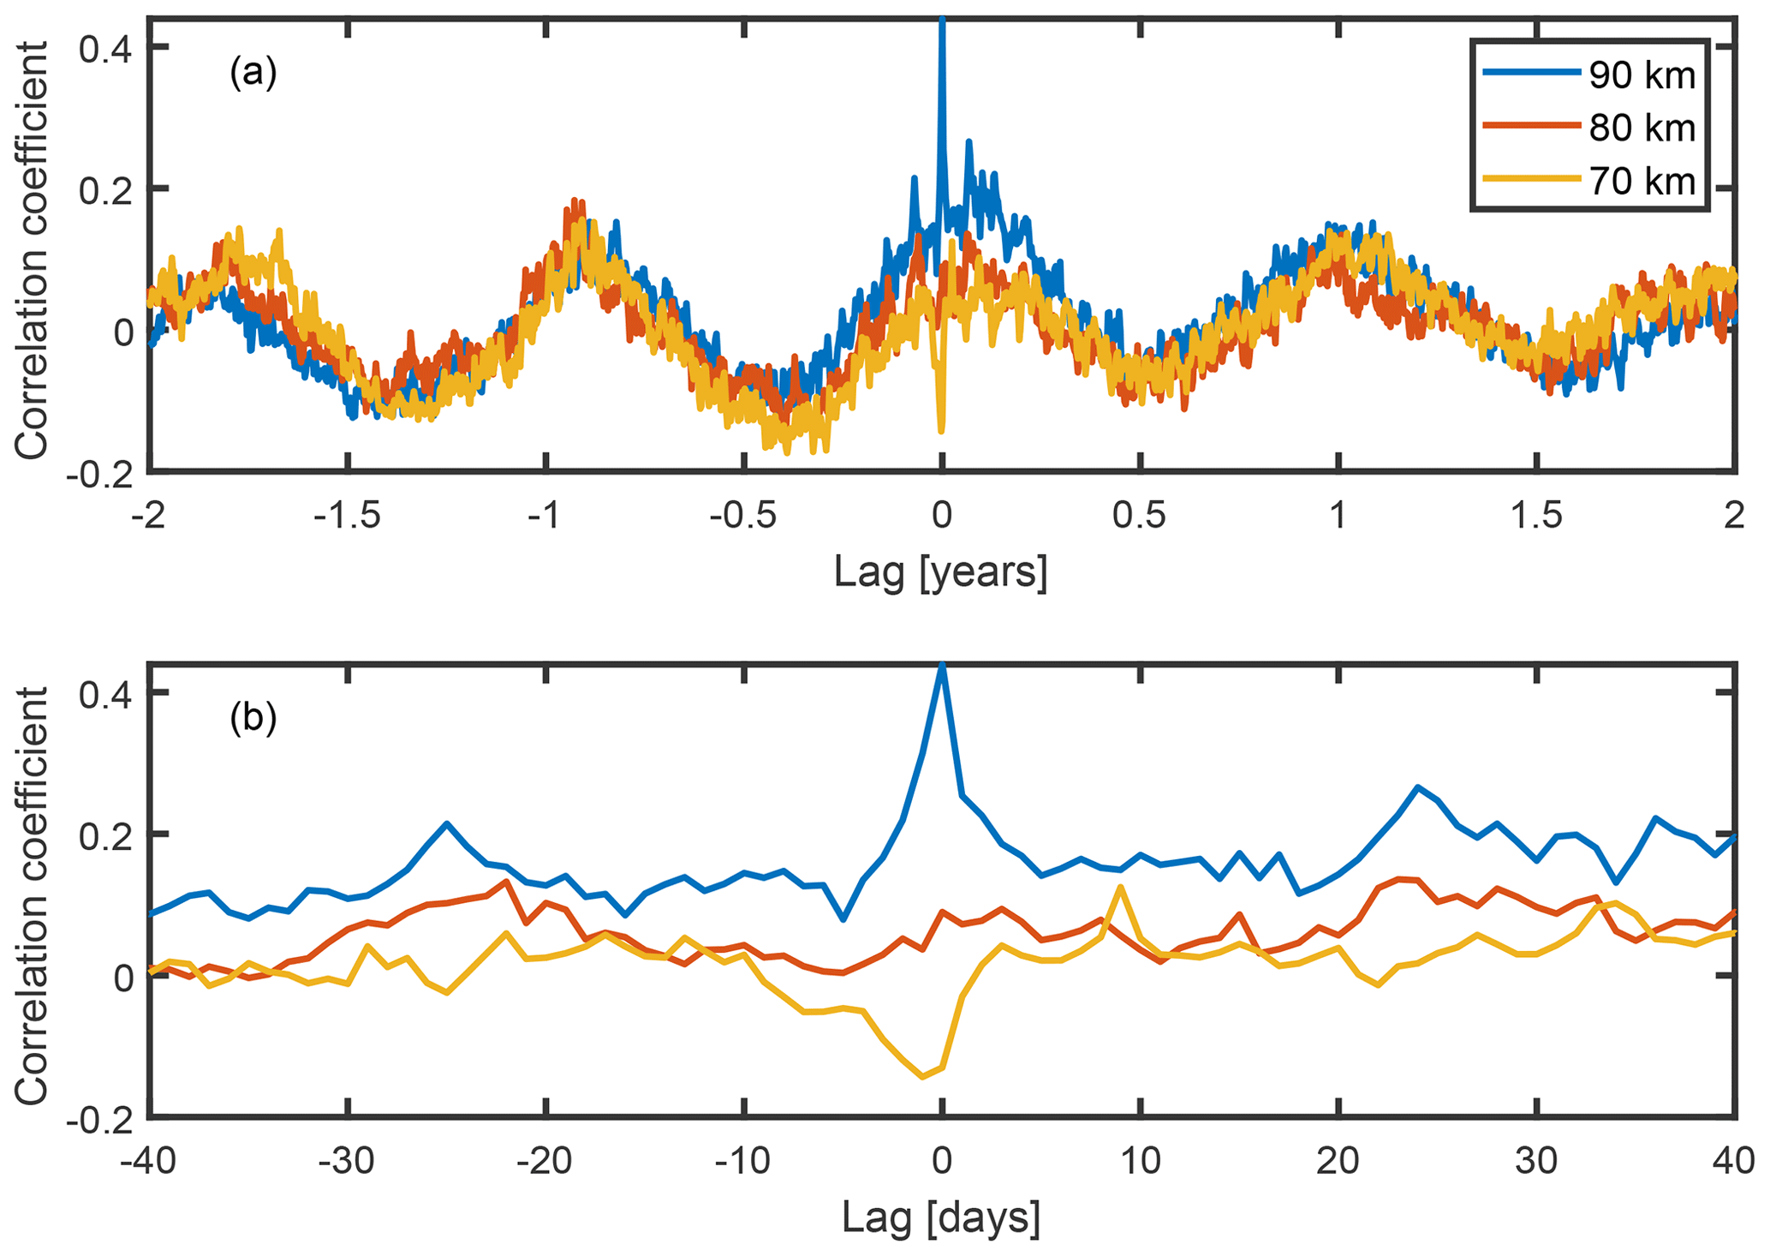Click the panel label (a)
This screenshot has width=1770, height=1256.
[253, 74]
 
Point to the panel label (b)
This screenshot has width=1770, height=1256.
[253, 718]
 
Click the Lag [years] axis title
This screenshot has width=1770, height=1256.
[940, 571]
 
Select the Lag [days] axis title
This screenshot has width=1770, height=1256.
[940, 1216]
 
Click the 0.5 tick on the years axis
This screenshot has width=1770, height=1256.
[1140, 516]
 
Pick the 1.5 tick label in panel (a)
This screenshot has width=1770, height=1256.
[1537, 516]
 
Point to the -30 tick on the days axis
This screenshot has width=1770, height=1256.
[348, 1163]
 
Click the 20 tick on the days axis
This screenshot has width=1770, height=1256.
[1338, 1163]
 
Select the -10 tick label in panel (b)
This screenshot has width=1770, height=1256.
[743, 1163]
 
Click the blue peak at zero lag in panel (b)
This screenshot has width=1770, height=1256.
[942, 666]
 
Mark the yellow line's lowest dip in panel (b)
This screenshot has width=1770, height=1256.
[922, 1077]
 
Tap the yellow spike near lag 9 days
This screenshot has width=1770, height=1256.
[1120, 887]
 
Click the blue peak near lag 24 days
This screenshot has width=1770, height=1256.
[1417, 786]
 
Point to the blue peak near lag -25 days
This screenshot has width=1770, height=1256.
[447, 823]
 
